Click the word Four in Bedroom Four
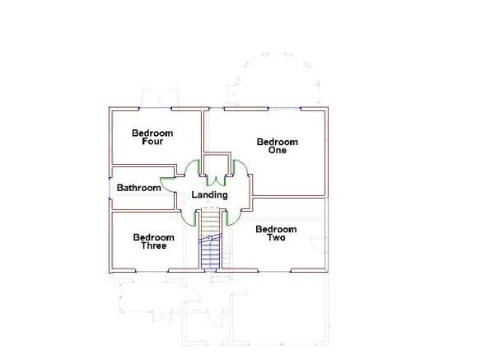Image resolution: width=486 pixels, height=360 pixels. (152, 142)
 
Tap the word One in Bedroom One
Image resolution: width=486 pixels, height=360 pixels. (278, 150)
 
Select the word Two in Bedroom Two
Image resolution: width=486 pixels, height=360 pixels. (276, 237)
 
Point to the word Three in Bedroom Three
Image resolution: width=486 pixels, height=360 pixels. (154, 245)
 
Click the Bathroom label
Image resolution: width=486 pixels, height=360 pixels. (139, 188)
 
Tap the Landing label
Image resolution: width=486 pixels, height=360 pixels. (209, 194)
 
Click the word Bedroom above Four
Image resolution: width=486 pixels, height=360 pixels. (152, 133)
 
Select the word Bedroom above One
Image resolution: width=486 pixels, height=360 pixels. (278, 142)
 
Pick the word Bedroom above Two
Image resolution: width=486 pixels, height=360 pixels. (276, 229)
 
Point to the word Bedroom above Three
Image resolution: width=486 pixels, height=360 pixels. (154, 237)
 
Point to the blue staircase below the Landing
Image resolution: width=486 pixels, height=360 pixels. (210, 240)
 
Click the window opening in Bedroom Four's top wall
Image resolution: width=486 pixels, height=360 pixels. (155, 109)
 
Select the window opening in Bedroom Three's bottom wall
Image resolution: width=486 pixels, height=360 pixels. (152, 271)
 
